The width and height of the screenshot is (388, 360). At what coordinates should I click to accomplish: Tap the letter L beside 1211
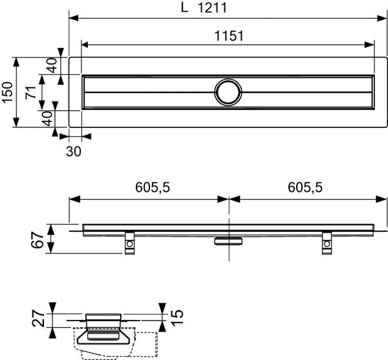pos(184,10)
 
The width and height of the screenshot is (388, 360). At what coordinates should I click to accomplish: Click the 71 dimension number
pos(30,92)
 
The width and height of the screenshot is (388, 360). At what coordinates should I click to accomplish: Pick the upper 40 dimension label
pos(52,65)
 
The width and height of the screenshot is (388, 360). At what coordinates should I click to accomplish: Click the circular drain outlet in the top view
pos(228,92)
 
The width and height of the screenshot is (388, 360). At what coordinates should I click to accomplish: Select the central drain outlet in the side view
pos(228,240)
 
